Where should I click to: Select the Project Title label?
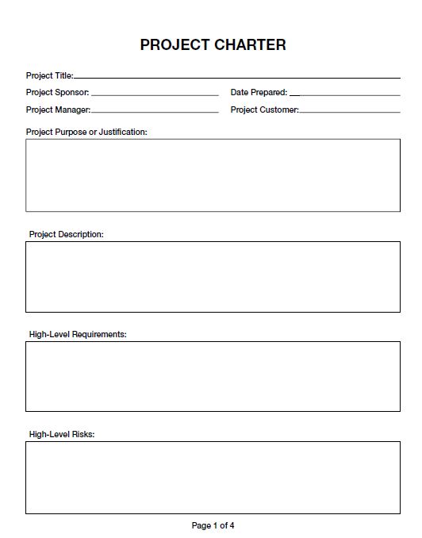click(49, 76)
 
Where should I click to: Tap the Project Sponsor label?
click(58, 93)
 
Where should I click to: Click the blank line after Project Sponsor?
click(155, 94)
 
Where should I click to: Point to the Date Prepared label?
click(259, 93)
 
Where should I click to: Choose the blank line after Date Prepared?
click(345, 94)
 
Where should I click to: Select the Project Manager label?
click(58, 110)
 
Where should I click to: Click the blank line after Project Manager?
click(155, 112)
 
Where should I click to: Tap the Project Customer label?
click(264, 110)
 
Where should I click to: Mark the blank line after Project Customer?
click(350, 112)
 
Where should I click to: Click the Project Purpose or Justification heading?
click(86, 133)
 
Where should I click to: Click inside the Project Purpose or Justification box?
click(213, 175)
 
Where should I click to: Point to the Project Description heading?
click(67, 235)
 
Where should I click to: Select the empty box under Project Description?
click(213, 277)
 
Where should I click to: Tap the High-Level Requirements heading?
click(78, 335)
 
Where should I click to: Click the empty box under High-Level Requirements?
click(213, 376)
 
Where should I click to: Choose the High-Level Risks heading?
click(62, 435)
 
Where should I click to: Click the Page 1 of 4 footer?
click(213, 525)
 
